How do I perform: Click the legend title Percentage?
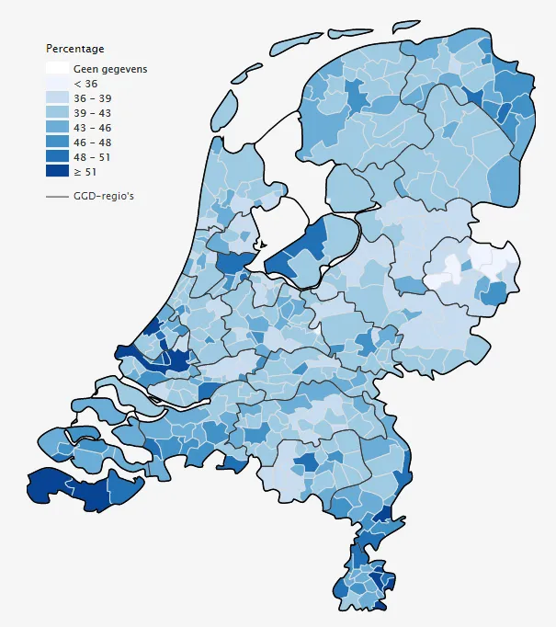tap(75, 49)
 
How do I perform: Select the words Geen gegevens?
tap(110, 69)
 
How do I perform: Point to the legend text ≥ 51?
tap(85, 172)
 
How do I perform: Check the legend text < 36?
tap(85, 84)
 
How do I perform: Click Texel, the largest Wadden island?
tap(225, 110)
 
